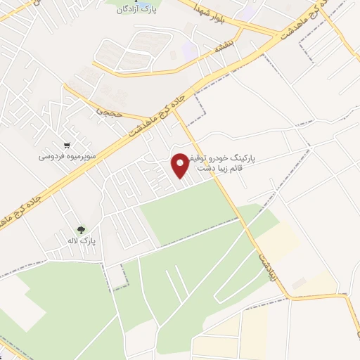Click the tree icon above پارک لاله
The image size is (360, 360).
(82, 229)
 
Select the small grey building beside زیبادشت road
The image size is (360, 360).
(299, 283)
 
